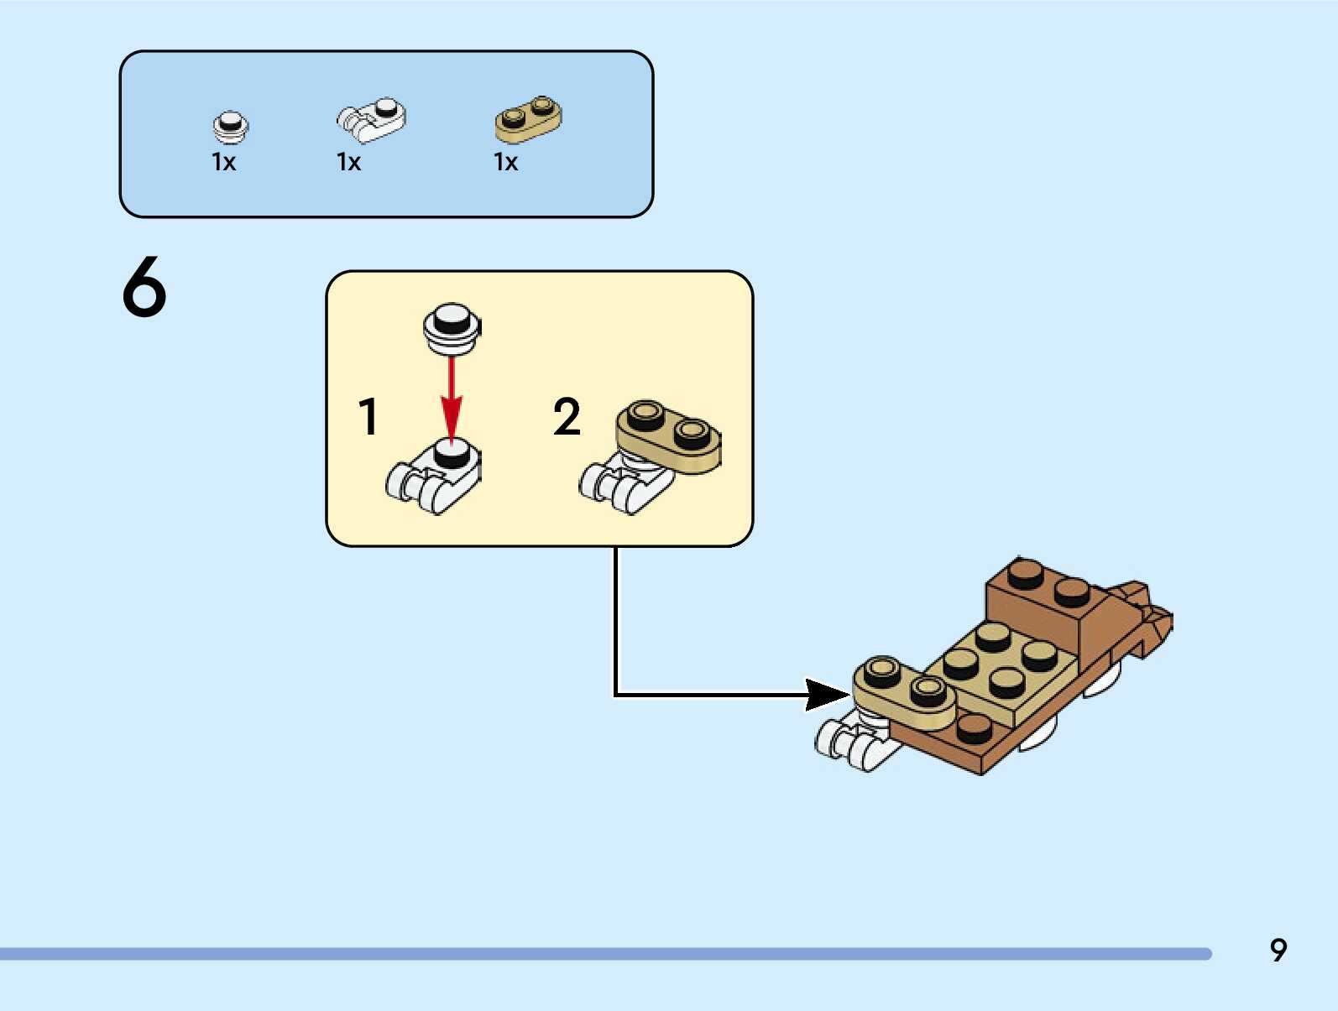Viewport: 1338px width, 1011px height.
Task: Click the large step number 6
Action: (144, 287)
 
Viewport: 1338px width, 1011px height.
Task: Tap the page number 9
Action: (1278, 950)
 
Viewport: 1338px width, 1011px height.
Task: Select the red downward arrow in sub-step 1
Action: (452, 398)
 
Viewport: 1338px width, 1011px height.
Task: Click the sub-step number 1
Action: (368, 417)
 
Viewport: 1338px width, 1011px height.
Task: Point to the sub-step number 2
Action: (567, 417)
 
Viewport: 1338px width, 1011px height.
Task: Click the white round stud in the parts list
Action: (229, 127)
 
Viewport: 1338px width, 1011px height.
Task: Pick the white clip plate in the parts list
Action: (371, 119)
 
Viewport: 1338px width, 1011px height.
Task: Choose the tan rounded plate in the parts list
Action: (528, 118)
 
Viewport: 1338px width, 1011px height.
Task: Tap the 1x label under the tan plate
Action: (505, 162)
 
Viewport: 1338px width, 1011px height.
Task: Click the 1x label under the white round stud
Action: (223, 162)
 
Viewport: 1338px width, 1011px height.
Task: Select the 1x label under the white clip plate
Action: (348, 162)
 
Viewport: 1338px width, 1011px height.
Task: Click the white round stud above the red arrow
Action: (452, 326)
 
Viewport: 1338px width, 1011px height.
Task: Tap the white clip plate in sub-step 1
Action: (435, 477)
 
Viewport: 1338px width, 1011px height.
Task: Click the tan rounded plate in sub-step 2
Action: (669, 435)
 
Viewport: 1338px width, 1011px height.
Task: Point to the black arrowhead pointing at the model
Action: (827, 695)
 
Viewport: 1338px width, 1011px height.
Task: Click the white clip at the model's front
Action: (848, 743)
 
